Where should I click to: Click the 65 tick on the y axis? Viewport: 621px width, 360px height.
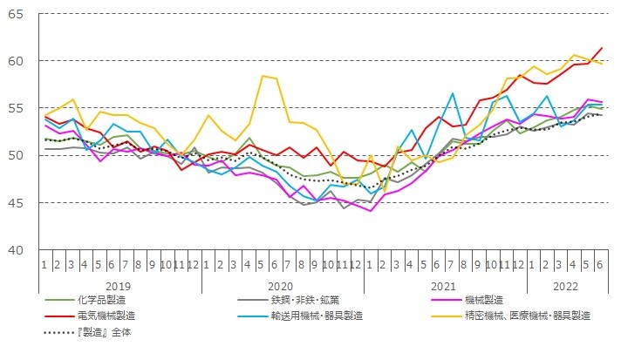[17, 14]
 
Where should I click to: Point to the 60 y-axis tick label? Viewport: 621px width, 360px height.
[17, 61]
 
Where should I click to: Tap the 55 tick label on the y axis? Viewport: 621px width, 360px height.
[17, 108]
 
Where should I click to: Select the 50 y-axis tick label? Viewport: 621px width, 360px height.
[17, 155]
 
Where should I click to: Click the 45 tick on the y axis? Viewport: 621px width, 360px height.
[17, 202]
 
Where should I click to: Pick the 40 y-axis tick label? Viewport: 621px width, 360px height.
[17, 249]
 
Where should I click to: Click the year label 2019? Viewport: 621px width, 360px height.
[119, 285]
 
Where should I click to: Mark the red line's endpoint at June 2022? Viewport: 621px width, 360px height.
[602, 48]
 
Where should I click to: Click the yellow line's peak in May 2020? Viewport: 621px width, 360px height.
[263, 76]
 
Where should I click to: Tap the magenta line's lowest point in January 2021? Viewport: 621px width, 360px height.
[372, 211]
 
